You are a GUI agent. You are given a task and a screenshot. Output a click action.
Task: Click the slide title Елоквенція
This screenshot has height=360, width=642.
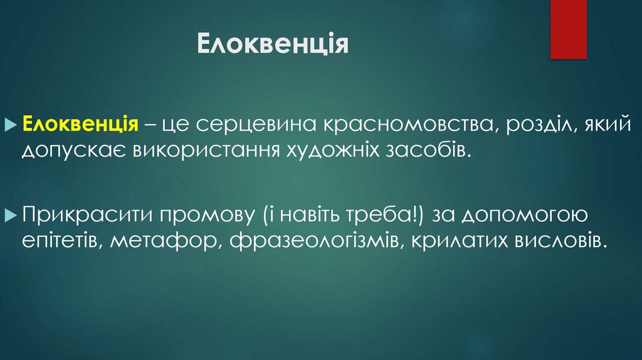tap(273, 45)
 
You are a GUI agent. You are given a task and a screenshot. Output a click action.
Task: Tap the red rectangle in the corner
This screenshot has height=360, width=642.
tap(568, 29)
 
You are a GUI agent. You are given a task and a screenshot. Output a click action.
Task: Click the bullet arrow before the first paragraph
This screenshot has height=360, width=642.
tap(16, 124)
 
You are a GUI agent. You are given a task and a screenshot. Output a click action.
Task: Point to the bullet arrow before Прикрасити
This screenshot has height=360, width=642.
tap(16, 216)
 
